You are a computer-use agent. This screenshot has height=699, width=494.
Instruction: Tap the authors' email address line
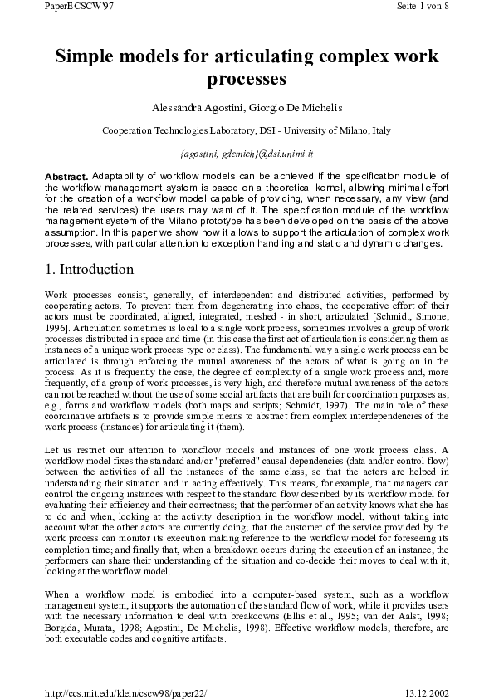click(247, 154)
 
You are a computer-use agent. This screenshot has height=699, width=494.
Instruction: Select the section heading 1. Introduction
click(88, 270)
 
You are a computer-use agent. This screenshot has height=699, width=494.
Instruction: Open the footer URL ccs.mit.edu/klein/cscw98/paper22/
click(125, 691)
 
